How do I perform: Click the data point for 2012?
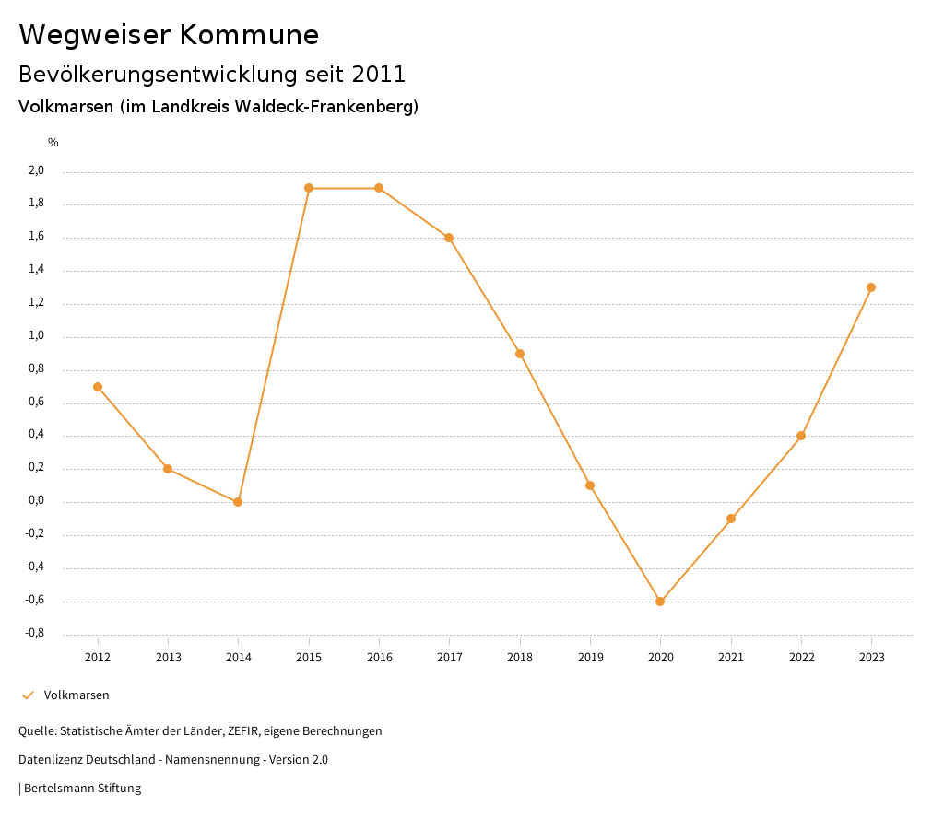pos(98,387)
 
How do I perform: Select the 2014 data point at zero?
pos(238,502)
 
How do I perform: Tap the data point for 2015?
pos(309,188)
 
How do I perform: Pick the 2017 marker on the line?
pos(449,238)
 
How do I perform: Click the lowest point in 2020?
pos(660,602)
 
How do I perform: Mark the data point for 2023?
pos(871,287)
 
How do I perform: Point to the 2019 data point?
pos(590,485)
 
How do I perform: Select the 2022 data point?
pos(801,436)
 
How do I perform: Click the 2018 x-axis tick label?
pos(520,658)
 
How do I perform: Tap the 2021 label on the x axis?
pos(731,658)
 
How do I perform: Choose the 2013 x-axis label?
pos(168,658)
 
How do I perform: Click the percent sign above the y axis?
pos(53,143)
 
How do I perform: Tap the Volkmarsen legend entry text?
pos(77,695)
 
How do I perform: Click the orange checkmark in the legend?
pos(28,695)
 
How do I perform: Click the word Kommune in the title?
pos(249,35)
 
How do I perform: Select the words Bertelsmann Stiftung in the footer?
pos(82,789)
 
